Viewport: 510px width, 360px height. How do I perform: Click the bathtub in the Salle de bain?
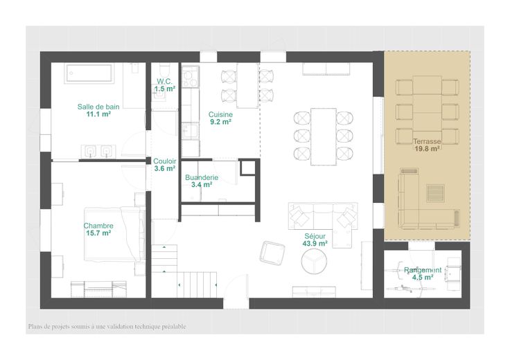click(89, 73)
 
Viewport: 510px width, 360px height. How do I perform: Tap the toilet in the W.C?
click(165, 69)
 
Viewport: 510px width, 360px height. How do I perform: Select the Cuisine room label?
click(220, 114)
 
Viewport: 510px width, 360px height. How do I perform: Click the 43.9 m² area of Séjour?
click(315, 244)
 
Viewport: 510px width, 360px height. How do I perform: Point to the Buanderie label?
click(202, 177)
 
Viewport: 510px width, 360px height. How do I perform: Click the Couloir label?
click(165, 161)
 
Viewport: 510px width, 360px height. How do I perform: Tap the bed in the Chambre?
click(114, 234)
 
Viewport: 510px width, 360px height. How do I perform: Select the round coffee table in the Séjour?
click(314, 261)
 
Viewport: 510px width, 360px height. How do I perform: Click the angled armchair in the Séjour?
click(272, 253)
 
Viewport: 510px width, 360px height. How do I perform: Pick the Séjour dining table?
click(324, 136)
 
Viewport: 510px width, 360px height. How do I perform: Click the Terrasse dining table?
click(427, 110)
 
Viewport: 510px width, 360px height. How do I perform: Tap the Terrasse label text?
click(427, 141)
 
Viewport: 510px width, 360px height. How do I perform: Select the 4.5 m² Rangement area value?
click(423, 278)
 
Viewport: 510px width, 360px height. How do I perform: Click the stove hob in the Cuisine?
click(191, 77)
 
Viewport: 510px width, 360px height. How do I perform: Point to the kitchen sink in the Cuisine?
click(190, 131)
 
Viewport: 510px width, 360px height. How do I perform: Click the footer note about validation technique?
click(107, 327)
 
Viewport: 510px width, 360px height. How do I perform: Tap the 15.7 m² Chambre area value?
click(98, 233)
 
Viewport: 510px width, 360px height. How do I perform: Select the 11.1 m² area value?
click(98, 114)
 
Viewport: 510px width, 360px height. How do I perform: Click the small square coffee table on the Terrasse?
click(436, 193)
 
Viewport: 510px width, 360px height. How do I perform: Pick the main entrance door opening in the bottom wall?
click(236, 303)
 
